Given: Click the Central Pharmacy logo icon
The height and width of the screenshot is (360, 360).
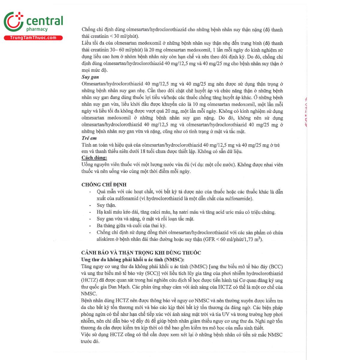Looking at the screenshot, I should [13, 22].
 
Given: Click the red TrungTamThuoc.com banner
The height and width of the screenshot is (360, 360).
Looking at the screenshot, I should [33, 38].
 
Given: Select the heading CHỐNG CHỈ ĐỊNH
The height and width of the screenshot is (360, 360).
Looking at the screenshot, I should [104, 185].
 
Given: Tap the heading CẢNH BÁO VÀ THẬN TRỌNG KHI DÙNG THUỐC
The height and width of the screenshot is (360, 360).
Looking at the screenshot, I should [141, 253].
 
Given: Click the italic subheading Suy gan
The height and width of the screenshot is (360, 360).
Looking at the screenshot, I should [90, 77].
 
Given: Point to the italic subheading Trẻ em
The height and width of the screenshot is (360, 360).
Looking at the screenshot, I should [89, 138].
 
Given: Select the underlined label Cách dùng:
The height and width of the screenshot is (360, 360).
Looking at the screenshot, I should [94, 158].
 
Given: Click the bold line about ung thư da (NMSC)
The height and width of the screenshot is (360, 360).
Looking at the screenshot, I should [133, 260].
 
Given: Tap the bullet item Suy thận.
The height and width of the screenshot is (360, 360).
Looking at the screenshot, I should [106, 205].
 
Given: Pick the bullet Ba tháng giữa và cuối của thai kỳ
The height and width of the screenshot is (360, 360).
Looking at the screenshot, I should [131, 226].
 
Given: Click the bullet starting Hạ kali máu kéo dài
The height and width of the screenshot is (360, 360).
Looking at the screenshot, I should [186, 212].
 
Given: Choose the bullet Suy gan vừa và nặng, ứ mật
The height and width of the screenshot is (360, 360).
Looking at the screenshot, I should [145, 219].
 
